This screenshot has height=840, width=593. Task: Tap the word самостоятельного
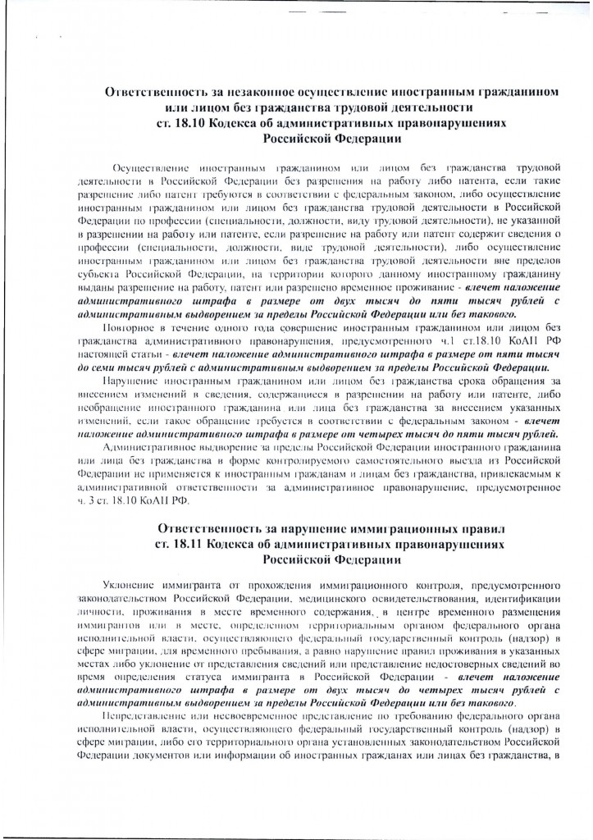coord(365,464)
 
